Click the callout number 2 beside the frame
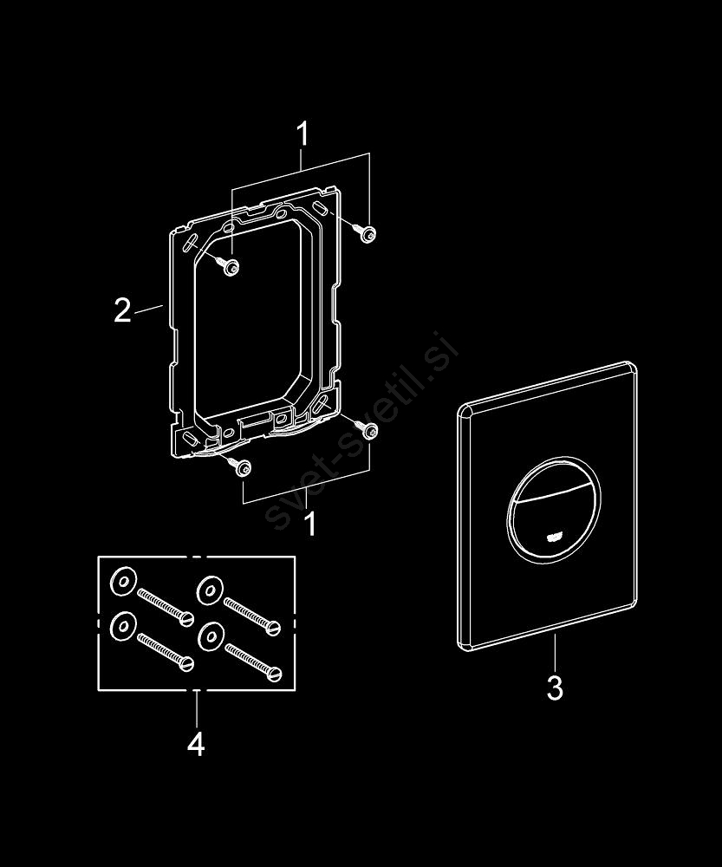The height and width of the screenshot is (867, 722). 123,310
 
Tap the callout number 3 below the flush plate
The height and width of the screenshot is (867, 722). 555,688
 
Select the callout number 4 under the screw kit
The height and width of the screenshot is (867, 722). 196,744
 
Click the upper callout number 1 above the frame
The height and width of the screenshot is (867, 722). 302,134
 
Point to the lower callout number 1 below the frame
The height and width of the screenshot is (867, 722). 310,524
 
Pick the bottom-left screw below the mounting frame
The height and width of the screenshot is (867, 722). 242,466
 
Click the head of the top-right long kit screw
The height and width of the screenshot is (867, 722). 274,628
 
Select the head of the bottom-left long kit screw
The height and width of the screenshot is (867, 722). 188,663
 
